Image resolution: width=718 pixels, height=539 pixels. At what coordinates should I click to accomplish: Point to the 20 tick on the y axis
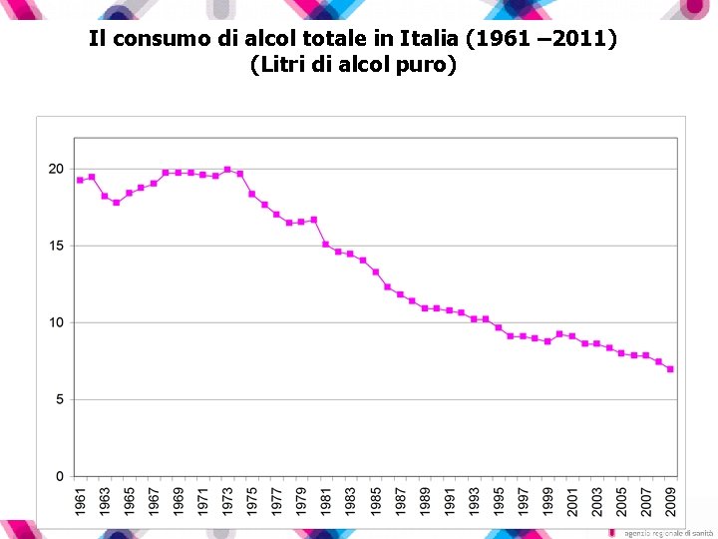(57, 169)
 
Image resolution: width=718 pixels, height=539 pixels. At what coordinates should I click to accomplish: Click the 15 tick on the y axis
(57, 246)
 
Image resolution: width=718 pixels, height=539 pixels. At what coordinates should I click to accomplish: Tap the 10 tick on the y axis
(57, 322)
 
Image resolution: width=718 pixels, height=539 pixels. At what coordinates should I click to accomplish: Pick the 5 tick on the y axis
(60, 399)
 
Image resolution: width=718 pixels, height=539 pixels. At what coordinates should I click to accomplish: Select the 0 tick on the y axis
(60, 476)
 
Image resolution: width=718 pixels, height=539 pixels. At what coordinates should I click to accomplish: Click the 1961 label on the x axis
(80, 501)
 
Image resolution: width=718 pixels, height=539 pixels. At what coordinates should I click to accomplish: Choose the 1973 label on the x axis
(227, 501)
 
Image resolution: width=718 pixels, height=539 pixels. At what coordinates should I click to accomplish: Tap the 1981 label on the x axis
(326, 501)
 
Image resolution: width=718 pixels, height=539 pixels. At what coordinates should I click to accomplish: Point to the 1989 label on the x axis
(425, 501)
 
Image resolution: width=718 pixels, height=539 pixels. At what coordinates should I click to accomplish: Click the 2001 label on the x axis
(572, 501)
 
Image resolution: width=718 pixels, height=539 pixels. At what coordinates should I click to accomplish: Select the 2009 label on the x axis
(670, 501)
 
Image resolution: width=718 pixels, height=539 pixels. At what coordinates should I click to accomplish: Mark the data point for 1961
(80, 180)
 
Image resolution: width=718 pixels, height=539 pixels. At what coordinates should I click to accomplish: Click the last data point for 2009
(670, 369)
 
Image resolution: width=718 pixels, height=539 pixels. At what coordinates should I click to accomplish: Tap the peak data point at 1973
(227, 170)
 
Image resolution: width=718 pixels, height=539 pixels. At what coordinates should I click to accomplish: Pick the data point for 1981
(326, 244)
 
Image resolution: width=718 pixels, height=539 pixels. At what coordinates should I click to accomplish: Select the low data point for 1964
(117, 203)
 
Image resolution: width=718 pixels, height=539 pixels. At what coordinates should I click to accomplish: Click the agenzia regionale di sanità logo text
(662, 533)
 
